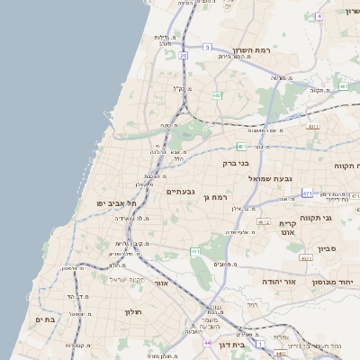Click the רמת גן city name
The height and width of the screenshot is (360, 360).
tap(219, 195)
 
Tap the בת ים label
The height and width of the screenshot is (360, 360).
tap(45, 319)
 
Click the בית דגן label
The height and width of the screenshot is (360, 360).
tap(226, 345)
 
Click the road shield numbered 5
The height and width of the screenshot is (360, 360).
tap(206, 47)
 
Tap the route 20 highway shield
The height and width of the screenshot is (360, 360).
tap(183, 55)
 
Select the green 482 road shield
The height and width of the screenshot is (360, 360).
tap(217, 94)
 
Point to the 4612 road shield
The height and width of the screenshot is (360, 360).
tap(263, 220)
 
